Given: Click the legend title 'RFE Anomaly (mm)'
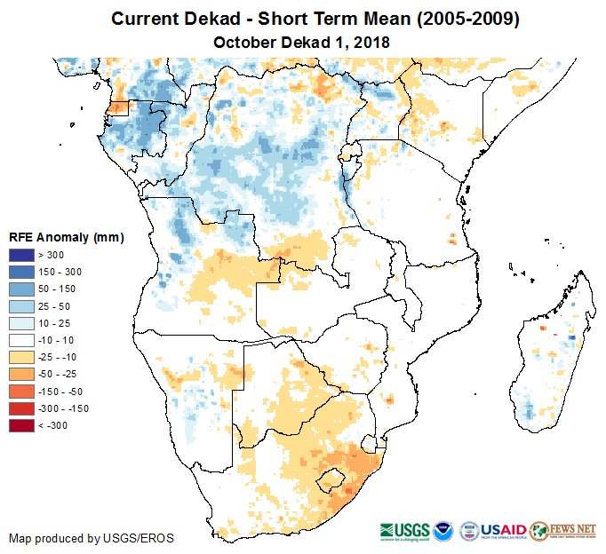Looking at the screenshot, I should [x=66, y=237].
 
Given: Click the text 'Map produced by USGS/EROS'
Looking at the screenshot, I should [x=91, y=538].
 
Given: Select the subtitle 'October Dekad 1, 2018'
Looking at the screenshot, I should [x=302, y=42].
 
